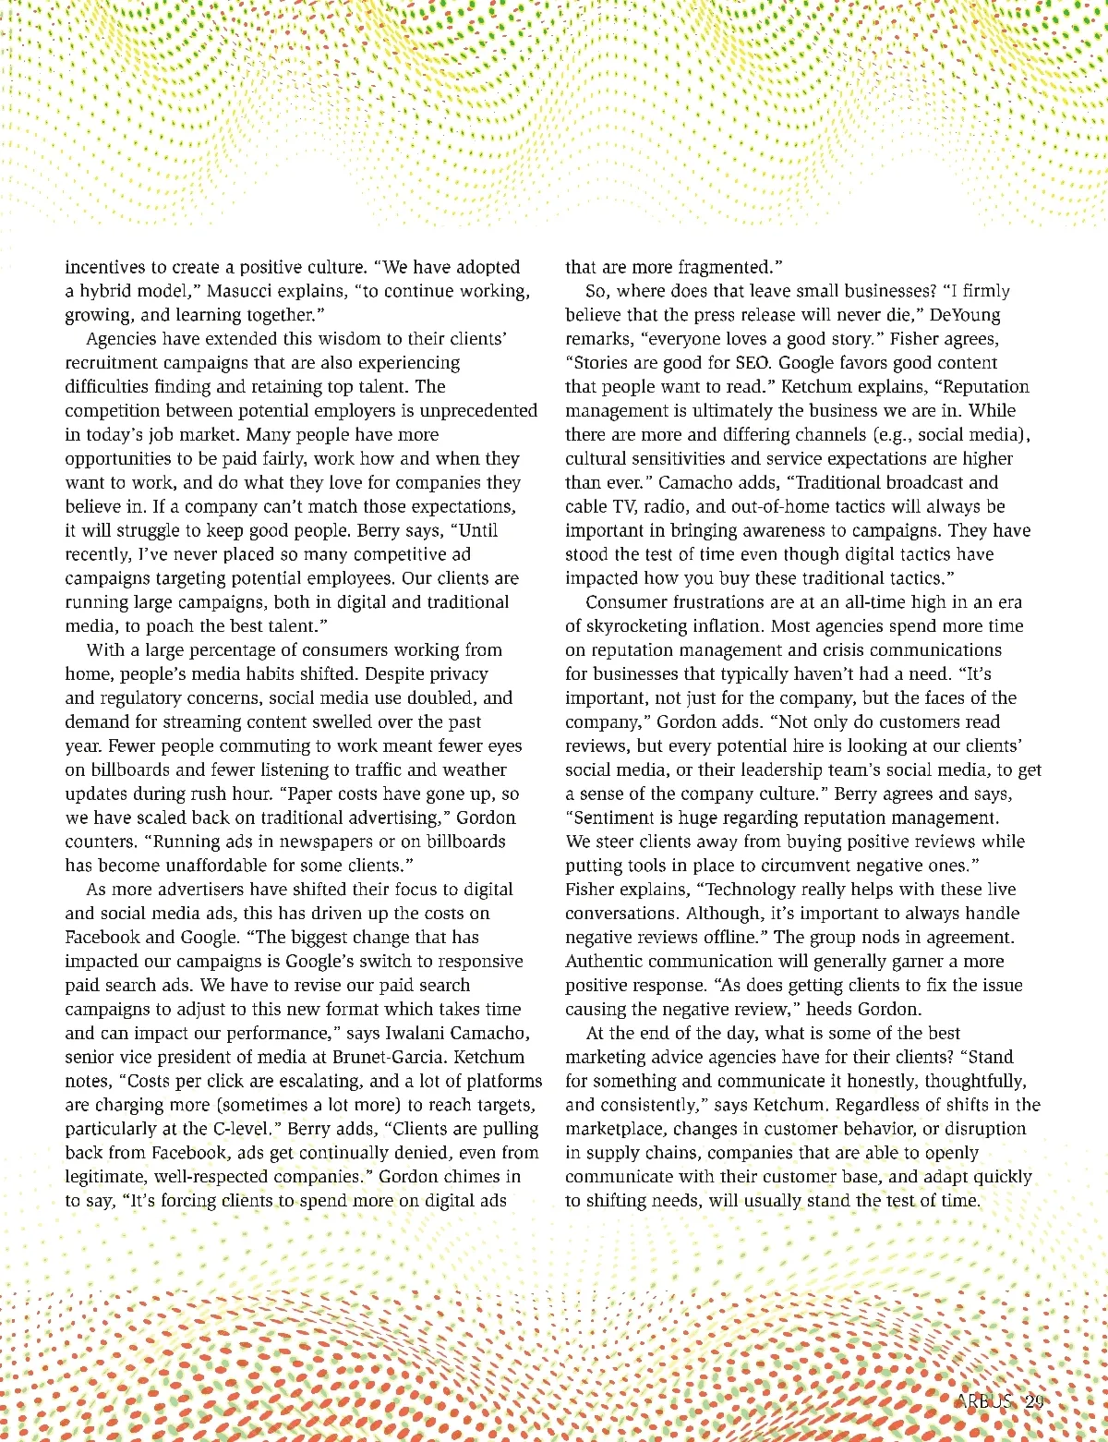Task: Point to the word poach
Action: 169,625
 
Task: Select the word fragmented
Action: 729,267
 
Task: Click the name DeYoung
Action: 965,315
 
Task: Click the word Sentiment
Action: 616,818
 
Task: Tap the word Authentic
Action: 608,962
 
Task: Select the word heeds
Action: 829,1009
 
